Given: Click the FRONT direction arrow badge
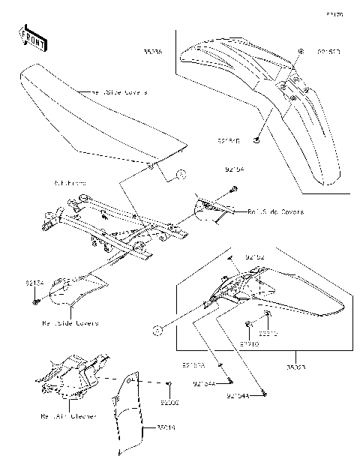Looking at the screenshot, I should coord(31,37).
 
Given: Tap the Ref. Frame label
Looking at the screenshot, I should coord(70,183).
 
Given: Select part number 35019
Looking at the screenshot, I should coord(166,427).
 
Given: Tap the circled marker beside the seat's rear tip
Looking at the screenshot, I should coord(181,175).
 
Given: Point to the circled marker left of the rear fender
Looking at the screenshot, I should coord(157,328).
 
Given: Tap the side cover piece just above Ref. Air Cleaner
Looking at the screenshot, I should coord(75,289).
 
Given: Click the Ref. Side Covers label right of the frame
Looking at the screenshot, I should coord(275,212).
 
